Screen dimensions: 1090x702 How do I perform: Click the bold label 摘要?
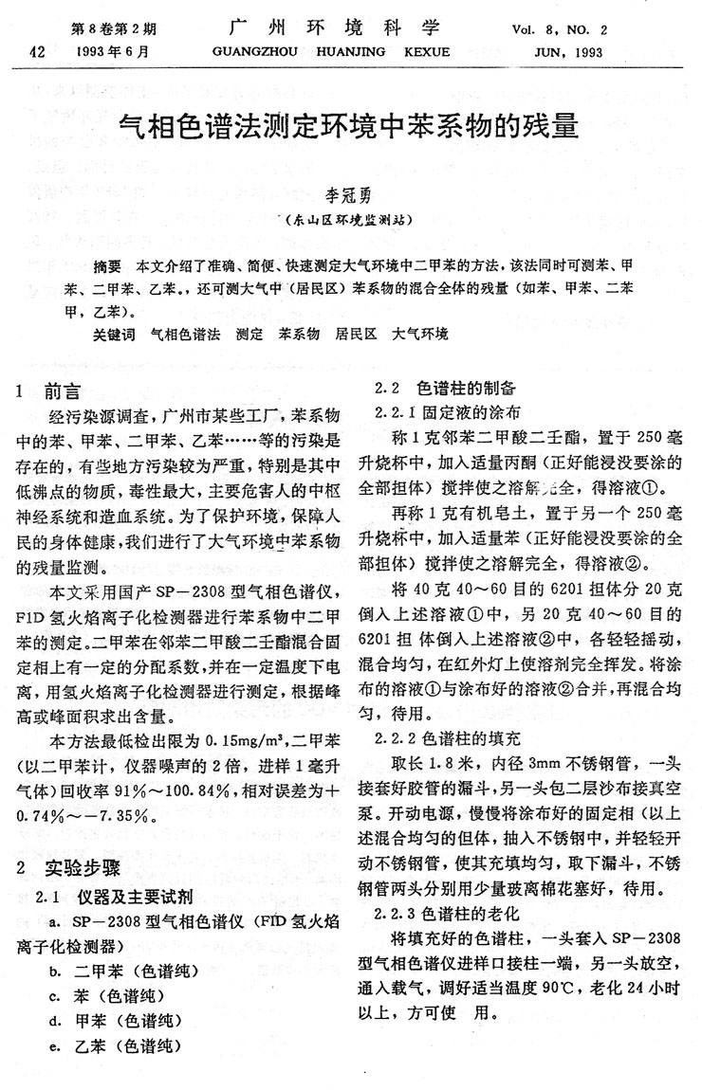pos(108,264)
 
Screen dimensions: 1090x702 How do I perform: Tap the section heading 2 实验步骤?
pos(63,867)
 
